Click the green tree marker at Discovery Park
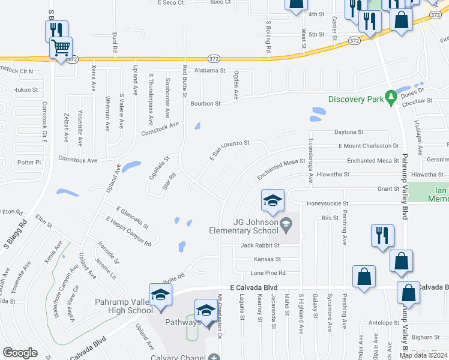coord(391,97)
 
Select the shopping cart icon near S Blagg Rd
coord(61,47)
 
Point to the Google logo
coord(20,353)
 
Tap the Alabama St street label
coord(209,70)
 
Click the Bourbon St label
coord(206,103)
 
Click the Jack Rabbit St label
coord(260,245)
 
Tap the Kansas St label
coord(267,259)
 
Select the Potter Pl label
coord(28,163)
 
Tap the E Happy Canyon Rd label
coord(128,232)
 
